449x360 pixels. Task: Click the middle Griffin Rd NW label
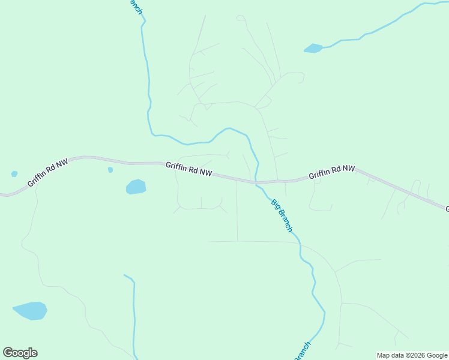click(x=189, y=169)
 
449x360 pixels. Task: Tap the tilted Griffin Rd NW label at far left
click(x=48, y=172)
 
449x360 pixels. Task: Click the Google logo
click(x=20, y=353)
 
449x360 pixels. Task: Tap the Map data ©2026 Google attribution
click(x=412, y=355)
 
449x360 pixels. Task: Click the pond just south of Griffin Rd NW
click(x=136, y=187)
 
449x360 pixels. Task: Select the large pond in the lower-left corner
click(x=30, y=311)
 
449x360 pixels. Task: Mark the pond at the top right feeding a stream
click(x=313, y=48)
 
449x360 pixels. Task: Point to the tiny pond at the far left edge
click(x=14, y=174)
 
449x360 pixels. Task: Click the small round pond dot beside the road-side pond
click(x=110, y=170)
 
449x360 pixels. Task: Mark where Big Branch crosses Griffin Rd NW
click(x=256, y=181)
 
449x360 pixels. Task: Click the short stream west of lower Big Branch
click(x=134, y=312)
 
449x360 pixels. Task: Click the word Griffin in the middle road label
click(x=176, y=166)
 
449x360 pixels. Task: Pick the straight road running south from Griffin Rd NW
click(x=237, y=210)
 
